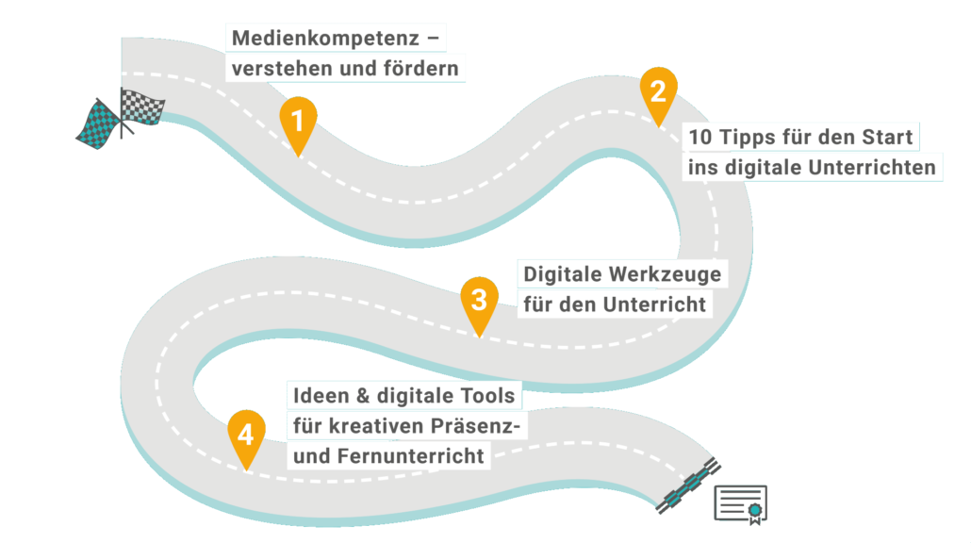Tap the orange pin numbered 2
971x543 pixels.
click(x=658, y=92)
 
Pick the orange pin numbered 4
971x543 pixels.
click(x=246, y=437)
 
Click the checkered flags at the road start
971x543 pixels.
click(x=121, y=117)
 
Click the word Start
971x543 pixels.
click(x=886, y=138)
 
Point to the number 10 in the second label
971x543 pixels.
click(x=700, y=138)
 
